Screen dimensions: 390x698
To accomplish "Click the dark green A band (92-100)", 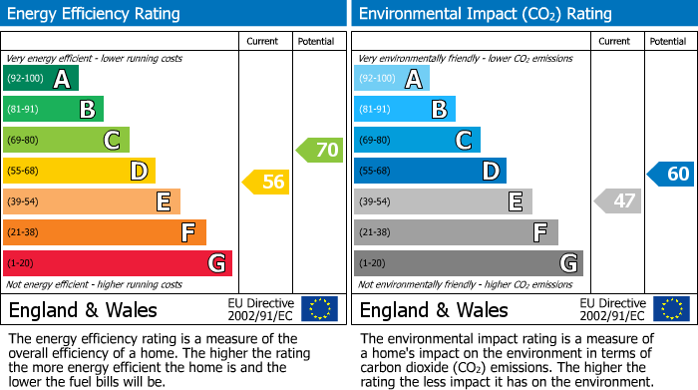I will [41, 79].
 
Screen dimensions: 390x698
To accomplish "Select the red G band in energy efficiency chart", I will [118, 263].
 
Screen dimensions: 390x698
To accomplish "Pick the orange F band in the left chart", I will [105, 232].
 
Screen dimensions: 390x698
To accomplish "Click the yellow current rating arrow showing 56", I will [266, 182].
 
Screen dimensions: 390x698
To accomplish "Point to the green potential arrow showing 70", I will [319, 151].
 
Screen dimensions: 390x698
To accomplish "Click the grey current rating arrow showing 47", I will [617, 201].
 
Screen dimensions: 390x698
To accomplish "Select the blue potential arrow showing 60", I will [670, 174].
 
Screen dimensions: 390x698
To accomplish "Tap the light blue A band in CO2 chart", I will [392, 79].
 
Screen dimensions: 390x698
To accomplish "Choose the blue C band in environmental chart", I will [417, 140].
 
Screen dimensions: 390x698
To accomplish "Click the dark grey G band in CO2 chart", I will [468, 263].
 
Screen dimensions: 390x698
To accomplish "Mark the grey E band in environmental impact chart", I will [443, 201].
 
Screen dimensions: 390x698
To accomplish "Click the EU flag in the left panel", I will [319, 309].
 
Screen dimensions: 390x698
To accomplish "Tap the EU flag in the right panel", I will [670, 309].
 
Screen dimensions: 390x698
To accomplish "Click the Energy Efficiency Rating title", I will [95, 14].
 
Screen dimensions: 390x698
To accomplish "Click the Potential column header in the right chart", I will [668, 41].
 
